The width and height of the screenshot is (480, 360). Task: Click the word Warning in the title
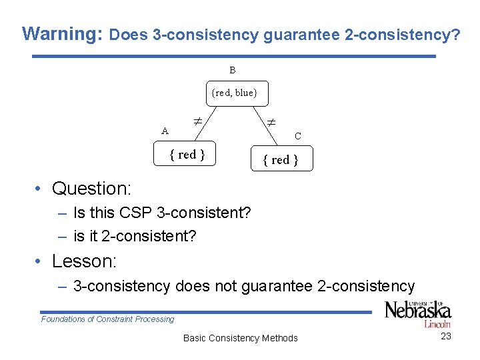[61, 34]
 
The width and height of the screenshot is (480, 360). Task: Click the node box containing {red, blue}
[234, 93]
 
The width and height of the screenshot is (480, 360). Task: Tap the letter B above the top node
[233, 70]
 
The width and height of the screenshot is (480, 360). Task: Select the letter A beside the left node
[165, 131]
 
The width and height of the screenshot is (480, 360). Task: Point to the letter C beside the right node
[298, 136]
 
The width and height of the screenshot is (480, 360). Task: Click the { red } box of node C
[280, 160]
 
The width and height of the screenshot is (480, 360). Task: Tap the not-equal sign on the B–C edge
[271, 122]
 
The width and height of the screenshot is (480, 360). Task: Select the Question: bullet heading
[92, 189]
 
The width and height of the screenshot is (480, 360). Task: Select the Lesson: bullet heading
[84, 261]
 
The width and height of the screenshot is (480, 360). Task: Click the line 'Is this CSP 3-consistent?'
[162, 213]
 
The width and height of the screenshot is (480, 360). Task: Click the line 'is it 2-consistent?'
[135, 235]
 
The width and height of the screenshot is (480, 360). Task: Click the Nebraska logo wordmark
[418, 311]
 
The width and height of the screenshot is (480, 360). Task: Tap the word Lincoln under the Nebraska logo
[437, 324]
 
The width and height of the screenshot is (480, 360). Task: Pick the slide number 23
[446, 336]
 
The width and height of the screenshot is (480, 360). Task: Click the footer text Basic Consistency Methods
[240, 338]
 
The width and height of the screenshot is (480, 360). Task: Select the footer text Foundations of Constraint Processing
[107, 319]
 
